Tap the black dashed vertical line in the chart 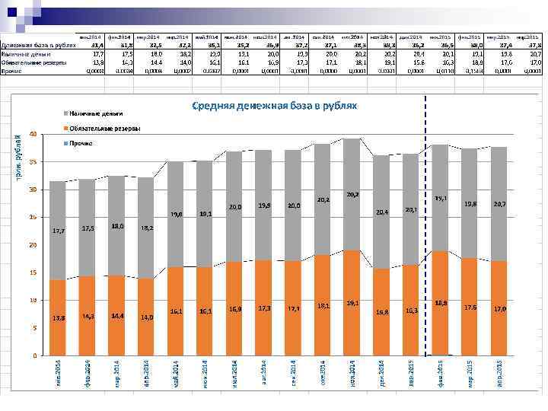point(425,228)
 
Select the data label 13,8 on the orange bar point(58,317)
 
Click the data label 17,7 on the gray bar point(58,231)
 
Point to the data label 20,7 point(499,204)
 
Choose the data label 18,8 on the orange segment point(441,303)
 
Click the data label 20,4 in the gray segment point(382,212)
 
